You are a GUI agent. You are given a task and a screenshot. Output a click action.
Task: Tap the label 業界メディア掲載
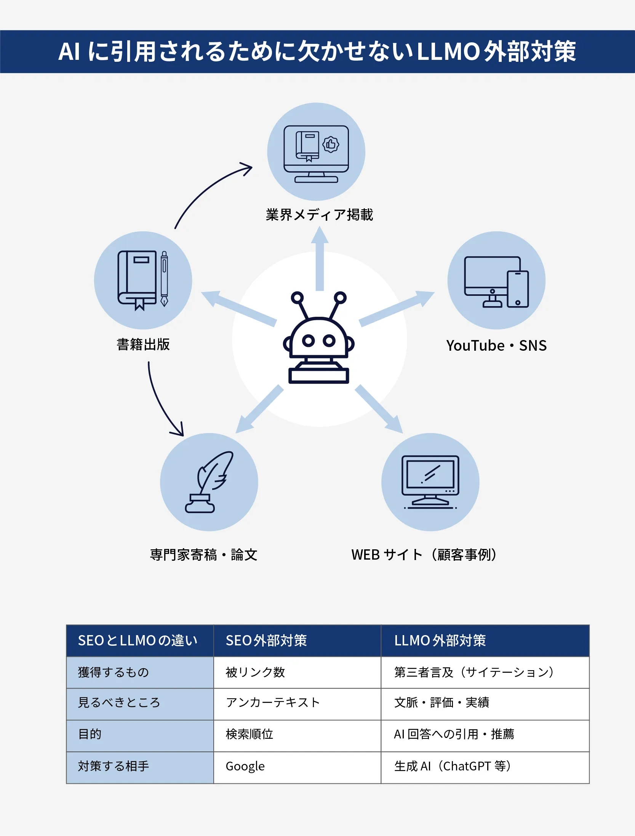tap(319, 215)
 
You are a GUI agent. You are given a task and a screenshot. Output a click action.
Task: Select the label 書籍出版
tap(143, 345)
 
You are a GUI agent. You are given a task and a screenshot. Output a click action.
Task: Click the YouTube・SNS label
tap(496, 346)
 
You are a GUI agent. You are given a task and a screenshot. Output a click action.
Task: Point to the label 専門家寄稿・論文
tap(204, 555)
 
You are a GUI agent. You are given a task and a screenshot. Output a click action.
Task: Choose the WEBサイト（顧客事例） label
tap(424, 555)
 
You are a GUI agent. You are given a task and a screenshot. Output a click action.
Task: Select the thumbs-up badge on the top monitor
tap(331, 144)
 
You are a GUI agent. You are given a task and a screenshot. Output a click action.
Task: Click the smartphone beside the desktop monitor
tap(518, 289)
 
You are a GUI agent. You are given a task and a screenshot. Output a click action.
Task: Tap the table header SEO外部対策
tap(266, 641)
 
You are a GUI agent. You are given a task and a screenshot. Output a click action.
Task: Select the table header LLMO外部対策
tap(440, 641)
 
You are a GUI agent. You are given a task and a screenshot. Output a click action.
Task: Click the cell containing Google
tap(245, 766)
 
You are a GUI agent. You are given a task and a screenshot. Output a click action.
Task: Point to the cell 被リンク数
tap(255, 672)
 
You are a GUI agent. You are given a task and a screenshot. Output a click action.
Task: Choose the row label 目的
tap(90, 734)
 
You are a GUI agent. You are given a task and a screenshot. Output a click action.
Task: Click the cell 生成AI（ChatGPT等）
tap(453, 766)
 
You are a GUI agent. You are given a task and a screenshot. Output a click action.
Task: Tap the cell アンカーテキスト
tap(273, 703)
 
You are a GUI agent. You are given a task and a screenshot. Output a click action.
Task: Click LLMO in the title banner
tap(448, 51)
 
